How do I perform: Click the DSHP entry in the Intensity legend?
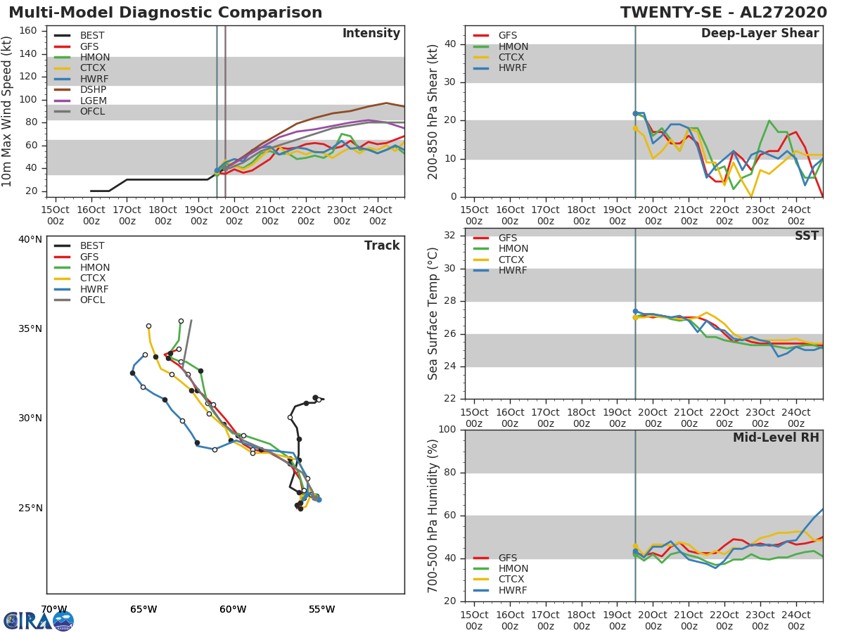point(93,90)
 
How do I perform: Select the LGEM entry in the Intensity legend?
point(93,101)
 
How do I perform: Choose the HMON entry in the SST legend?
point(513,249)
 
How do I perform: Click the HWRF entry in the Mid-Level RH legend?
point(513,590)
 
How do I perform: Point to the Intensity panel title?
point(371,34)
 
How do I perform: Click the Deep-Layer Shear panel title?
point(760,34)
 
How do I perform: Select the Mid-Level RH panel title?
point(776,437)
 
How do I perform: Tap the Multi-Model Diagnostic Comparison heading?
point(165,13)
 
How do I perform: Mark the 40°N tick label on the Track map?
point(30,239)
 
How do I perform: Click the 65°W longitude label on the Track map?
point(143,609)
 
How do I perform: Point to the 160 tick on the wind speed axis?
point(27,30)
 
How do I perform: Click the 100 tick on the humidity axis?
point(447,429)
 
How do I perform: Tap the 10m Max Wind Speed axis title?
point(8,111)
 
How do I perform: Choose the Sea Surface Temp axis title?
point(433,313)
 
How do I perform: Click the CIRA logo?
point(39,620)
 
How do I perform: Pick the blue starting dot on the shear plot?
point(635,113)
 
